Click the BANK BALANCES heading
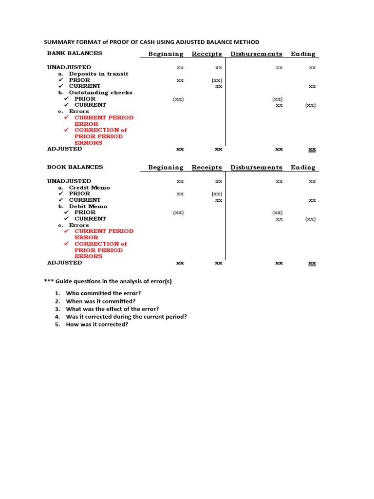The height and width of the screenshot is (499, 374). pos(75,53)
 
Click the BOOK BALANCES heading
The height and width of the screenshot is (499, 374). pos(75,167)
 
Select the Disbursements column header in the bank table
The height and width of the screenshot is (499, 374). pos(256,54)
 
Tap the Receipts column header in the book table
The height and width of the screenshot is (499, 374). pos(206,168)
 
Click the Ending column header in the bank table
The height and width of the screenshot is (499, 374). pos(303,54)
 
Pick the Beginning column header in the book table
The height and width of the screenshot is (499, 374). pos(166,168)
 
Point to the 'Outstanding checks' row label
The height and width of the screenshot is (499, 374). pos(100,93)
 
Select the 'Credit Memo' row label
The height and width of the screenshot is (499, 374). pos(89,188)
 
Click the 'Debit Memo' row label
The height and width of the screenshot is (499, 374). pos(88,206)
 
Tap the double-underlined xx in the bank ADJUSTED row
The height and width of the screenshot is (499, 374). pos(312,149)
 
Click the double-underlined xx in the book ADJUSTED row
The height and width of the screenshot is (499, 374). pos(312,263)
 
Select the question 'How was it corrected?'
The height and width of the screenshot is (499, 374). pos(97,325)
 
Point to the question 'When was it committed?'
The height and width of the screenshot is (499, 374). pos(100,301)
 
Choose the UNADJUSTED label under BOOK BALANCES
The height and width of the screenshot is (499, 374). pos(69,181)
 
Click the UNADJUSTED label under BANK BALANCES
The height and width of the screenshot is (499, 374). pos(69,67)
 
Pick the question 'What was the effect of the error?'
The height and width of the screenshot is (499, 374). pos(112,309)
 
